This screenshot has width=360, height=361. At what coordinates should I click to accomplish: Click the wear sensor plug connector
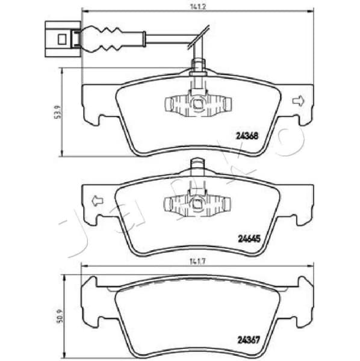click(x=63, y=37)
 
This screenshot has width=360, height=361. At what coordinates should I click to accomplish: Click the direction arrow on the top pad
click(x=297, y=101)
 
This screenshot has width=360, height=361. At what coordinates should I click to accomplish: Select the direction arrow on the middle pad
click(x=96, y=200)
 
